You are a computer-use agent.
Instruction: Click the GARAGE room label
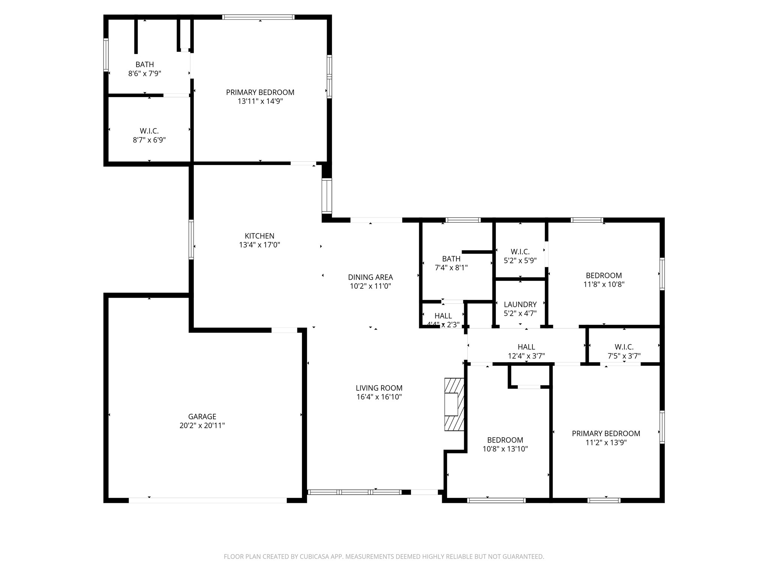tap(202, 416)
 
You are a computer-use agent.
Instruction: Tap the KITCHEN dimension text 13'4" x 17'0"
tap(259, 245)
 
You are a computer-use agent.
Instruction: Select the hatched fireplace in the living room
tap(454, 404)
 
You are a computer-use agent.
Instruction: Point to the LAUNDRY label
tap(520, 304)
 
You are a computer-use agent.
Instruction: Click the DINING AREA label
tap(370, 277)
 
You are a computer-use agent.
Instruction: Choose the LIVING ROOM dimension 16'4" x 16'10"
tap(379, 397)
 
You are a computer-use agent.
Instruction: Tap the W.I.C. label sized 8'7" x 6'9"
tap(149, 131)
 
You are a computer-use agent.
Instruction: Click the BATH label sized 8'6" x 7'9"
tap(145, 64)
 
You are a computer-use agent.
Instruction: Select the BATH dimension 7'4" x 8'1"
tap(451, 268)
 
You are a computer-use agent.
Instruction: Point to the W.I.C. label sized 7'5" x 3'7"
tap(624, 347)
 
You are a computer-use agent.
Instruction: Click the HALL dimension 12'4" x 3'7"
tap(526, 356)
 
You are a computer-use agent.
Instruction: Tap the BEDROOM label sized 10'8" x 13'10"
tap(505, 440)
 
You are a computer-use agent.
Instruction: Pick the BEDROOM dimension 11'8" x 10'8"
tap(604, 284)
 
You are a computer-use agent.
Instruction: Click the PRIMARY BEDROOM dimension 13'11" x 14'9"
tap(260, 101)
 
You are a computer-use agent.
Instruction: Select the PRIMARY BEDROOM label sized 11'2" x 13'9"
tap(606, 433)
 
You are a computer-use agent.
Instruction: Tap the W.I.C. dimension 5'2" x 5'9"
tap(520, 261)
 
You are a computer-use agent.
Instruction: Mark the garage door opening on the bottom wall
tap(208, 500)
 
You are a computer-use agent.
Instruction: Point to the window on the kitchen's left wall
tap(191, 239)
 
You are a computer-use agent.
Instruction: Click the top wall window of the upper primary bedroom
tap(258, 17)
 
